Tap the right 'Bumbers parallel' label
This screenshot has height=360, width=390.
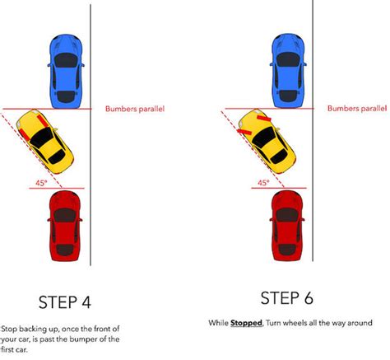point(355,108)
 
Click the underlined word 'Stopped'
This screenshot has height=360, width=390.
point(244,322)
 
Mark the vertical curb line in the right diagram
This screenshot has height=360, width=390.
point(312,165)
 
